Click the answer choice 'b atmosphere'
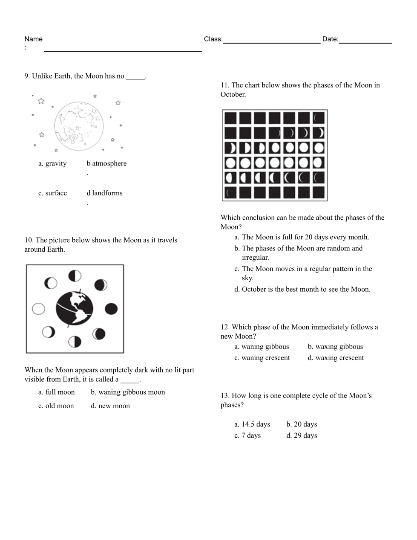click(x=106, y=164)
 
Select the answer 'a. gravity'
click(x=52, y=164)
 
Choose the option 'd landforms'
click(x=104, y=193)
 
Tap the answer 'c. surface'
click(x=52, y=193)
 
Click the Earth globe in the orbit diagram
click(x=75, y=308)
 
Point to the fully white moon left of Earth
click(x=38, y=308)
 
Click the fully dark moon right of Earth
click(x=111, y=308)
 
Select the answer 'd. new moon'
click(x=110, y=406)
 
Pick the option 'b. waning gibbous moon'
click(x=127, y=392)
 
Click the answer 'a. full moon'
click(x=56, y=392)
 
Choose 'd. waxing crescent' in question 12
click(x=336, y=358)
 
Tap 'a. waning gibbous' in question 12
click(x=262, y=347)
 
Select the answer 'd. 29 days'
click(x=302, y=435)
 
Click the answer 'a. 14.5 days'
click(x=252, y=424)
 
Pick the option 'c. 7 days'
click(x=247, y=435)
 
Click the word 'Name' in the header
click(x=33, y=39)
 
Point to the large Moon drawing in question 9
click(x=79, y=126)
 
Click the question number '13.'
click(x=225, y=396)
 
